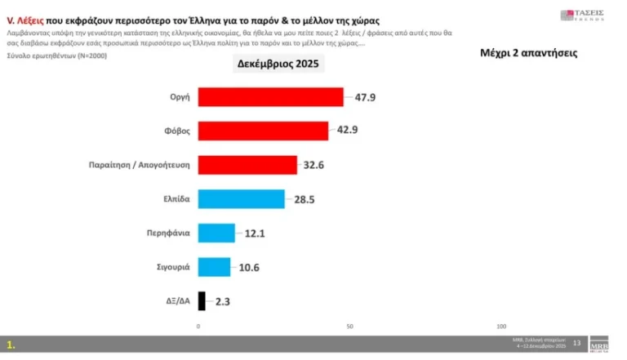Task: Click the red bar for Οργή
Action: click(x=271, y=97)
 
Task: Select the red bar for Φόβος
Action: click(x=263, y=131)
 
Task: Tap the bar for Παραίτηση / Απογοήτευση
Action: click(x=247, y=165)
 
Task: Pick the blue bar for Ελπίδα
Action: click(x=242, y=199)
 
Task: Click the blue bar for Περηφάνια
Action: click(x=216, y=233)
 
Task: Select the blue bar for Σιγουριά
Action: click(x=215, y=267)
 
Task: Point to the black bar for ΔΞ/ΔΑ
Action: click(x=202, y=300)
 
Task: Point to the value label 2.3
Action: click(x=223, y=301)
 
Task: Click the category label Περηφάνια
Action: click(x=170, y=233)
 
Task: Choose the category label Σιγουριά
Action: click(x=173, y=267)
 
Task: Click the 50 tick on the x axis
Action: click(x=349, y=326)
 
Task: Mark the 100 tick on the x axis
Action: click(x=500, y=326)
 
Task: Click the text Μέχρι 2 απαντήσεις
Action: click(x=528, y=53)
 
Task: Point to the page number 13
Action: click(x=576, y=343)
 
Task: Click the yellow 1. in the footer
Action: click(x=11, y=344)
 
